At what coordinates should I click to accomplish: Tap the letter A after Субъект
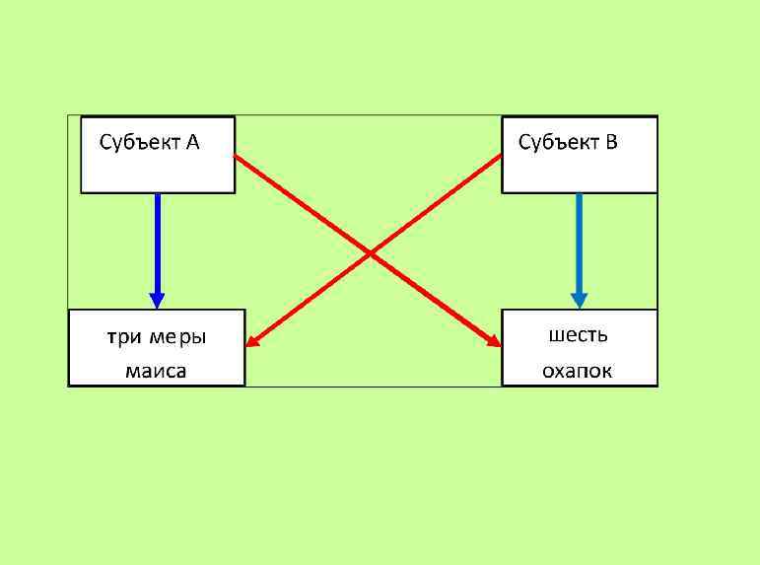[x=192, y=143]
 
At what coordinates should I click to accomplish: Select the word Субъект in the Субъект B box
[x=558, y=143]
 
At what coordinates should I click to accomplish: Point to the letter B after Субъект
[x=611, y=143]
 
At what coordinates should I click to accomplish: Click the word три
[x=124, y=337]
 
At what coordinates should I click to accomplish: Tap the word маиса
[x=156, y=371]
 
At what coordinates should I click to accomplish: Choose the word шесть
[x=578, y=335]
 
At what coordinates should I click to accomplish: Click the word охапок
[x=578, y=371]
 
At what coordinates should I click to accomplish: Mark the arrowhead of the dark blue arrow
[x=156, y=301]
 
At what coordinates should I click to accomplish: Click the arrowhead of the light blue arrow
[x=579, y=300]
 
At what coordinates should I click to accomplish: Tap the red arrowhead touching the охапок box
[x=495, y=341]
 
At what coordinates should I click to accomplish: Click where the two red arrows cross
[x=370, y=253]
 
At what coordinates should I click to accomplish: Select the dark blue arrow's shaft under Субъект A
[x=157, y=242]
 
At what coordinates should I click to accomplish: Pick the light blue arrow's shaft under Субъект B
[x=579, y=242]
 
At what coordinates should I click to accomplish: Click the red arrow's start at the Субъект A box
[x=238, y=157]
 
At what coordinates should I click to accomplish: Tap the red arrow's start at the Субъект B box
[x=499, y=157]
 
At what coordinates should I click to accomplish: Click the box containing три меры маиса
[x=156, y=347]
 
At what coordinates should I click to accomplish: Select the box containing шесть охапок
[x=579, y=347]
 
